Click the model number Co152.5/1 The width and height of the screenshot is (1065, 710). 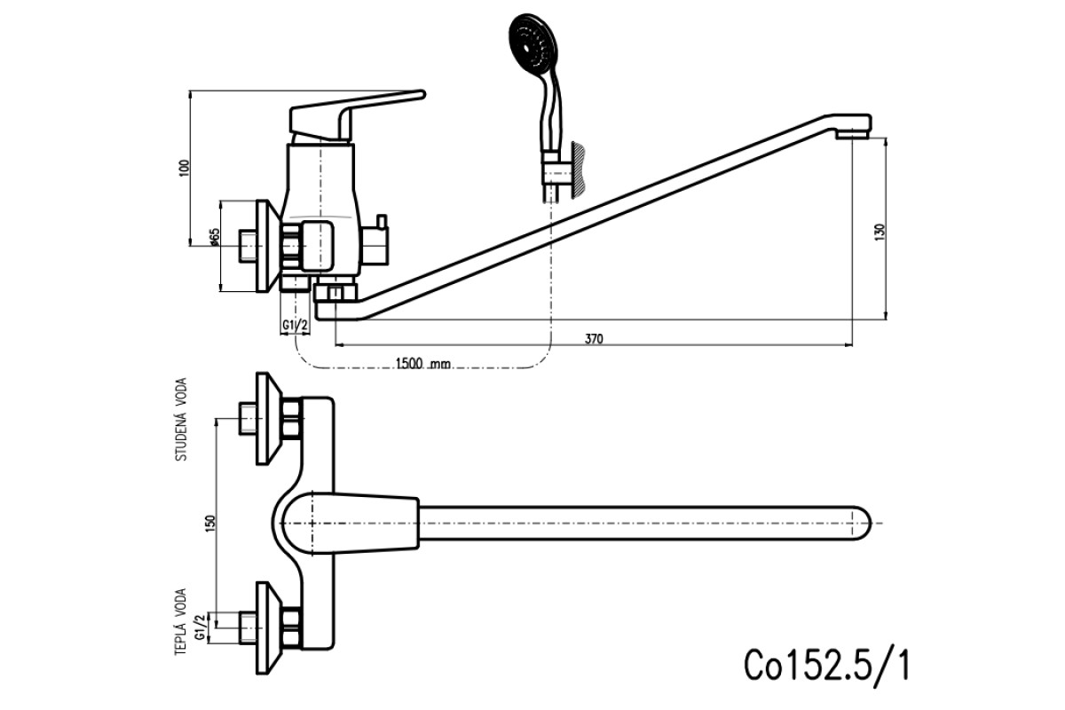pyautogui.click(x=827, y=666)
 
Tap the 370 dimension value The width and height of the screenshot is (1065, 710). pyautogui.click(x=594, y=339)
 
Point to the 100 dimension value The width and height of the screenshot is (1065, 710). pyautogui.click(x=185, y=168)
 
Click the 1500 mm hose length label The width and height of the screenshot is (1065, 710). pyautogui.click(x=423, y=364)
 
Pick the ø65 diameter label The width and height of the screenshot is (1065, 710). pyautogui.click(x=215, y=237)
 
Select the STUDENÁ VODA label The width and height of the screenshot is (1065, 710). pyautogui.click(x=182, y=420)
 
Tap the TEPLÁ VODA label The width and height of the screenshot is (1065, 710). pyautogui.click(x=181, y=622)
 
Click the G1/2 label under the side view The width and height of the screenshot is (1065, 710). pyautogui.click(x=296, y=326)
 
